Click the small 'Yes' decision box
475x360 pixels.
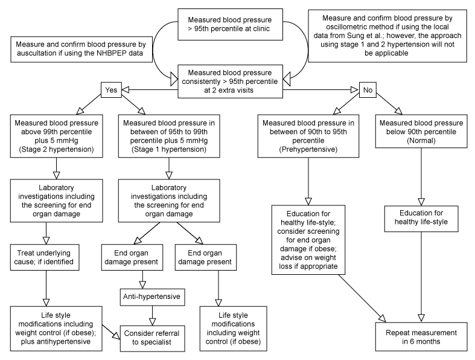coord(111,90)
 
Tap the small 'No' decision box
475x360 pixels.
coord(368,90)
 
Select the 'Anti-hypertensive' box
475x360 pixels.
coord(151,297)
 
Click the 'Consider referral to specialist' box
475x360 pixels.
coord(152,338)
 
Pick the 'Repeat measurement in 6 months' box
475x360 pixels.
coord(421,336)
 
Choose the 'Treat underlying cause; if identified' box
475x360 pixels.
coord(45,257)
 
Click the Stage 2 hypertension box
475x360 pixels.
coord(56,136)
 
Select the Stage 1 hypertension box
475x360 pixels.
coord(169,136)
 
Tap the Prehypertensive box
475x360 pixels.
coord(308,136)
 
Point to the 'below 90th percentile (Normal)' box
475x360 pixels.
coord(421,131)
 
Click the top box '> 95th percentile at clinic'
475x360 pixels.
coord(230,24)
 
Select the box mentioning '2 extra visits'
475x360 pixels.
coord(230,82)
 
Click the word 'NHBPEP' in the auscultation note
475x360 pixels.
coord(111,53)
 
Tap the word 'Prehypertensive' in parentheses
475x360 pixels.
coord(308,149)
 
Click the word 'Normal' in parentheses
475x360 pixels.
coord(421,140)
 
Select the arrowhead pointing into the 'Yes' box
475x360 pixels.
coord(126,89)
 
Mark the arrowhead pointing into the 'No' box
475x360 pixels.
coord(355,89)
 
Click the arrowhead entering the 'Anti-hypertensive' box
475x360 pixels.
coord(142,284)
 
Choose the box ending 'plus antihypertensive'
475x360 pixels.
coord(56,329)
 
